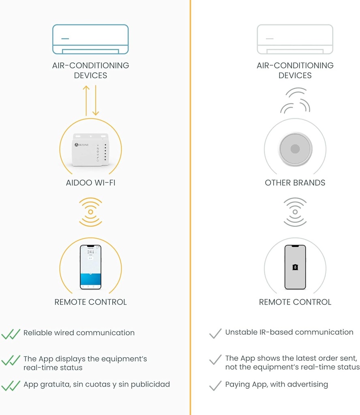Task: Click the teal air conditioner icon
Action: click(90, 39)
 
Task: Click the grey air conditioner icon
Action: click(295, 39)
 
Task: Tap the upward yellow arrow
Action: click(86, 101)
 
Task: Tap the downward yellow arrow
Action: click(96, 101)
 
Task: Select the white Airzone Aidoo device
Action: click(90, 149)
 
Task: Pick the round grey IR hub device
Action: click(295, 149)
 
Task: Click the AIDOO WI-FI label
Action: click(90, 183)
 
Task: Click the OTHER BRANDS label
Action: click(295, 183)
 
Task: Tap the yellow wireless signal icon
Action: click(90, 212)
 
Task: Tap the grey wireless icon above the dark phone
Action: click(295, 212)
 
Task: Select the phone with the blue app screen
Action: click(90, 267)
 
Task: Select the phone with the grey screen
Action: click(295, 267)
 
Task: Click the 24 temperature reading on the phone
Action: click(90, 252)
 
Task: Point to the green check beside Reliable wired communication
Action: click(11, 334)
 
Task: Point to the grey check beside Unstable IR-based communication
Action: click(215, 334)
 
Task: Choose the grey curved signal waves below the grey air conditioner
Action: click(295, 101)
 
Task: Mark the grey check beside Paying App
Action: click(215, 385)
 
